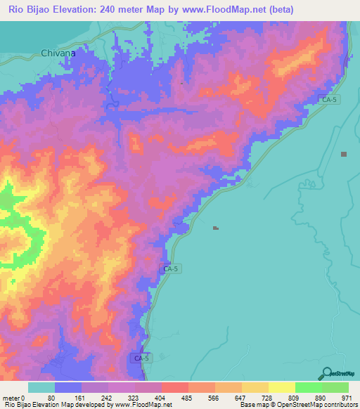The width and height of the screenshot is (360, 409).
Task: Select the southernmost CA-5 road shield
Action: (x=141, y=358)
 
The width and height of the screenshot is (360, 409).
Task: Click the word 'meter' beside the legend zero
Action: (x=11, y=397)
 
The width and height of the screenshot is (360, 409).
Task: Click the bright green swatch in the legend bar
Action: (x=308, y=387)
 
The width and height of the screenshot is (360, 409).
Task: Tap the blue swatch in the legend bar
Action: (x=68, y=387)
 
